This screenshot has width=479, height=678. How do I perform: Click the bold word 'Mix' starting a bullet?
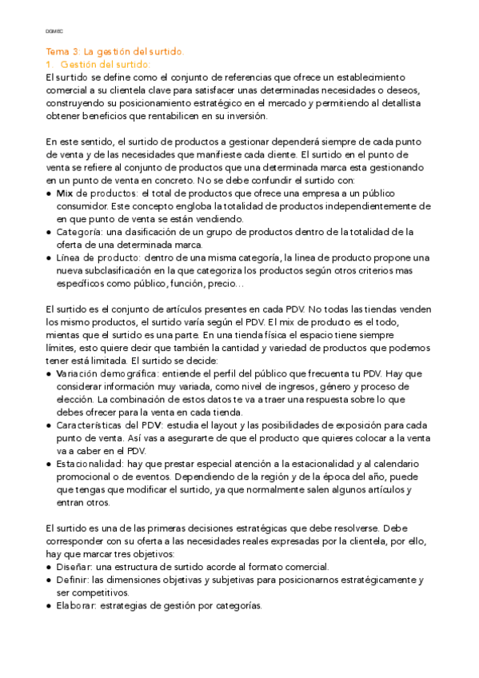click(65, 193)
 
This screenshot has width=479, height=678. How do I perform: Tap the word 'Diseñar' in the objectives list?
click(74, 567)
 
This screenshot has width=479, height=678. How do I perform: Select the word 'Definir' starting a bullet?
click(72, 580)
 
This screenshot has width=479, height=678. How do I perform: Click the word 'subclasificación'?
click(114, 271)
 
